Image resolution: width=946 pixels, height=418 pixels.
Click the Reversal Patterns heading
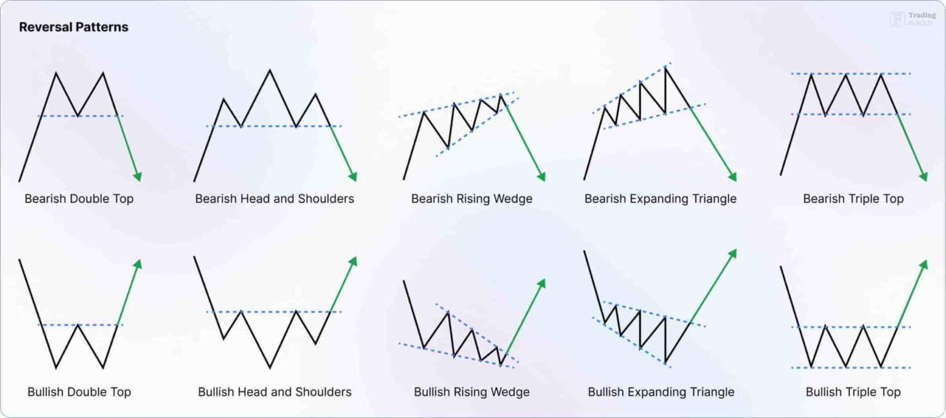[73, 27]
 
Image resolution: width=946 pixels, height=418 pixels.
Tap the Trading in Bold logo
[913, 19]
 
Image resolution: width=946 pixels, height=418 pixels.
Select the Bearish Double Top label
[79, 199]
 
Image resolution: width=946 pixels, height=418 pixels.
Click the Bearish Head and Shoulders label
[275, 199]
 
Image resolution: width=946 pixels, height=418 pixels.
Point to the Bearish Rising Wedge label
[472, 199]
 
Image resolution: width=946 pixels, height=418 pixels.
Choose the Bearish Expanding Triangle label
[660, 199]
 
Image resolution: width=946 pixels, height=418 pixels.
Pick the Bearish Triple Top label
[853, 199]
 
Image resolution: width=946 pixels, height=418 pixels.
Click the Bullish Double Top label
[79, 392]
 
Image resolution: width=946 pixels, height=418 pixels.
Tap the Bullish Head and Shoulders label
[275, 392]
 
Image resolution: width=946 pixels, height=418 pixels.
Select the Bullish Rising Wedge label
[472, 392]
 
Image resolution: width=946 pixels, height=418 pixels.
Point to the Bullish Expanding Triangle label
[661, 392]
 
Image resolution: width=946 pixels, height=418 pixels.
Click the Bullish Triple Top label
[853, 392]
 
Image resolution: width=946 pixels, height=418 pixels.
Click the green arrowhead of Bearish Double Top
[139, 177]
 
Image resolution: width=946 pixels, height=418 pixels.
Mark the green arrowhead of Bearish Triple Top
[923, 177]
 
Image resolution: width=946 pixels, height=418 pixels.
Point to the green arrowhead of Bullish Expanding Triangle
[733, 253]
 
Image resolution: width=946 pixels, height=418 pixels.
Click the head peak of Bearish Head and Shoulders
[270, 70]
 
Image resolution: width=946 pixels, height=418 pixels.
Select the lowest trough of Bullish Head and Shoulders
[270, 367]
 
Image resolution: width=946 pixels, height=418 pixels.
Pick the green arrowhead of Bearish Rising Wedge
[541, 177]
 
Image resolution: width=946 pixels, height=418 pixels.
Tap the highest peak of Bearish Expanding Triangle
[665, 67]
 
